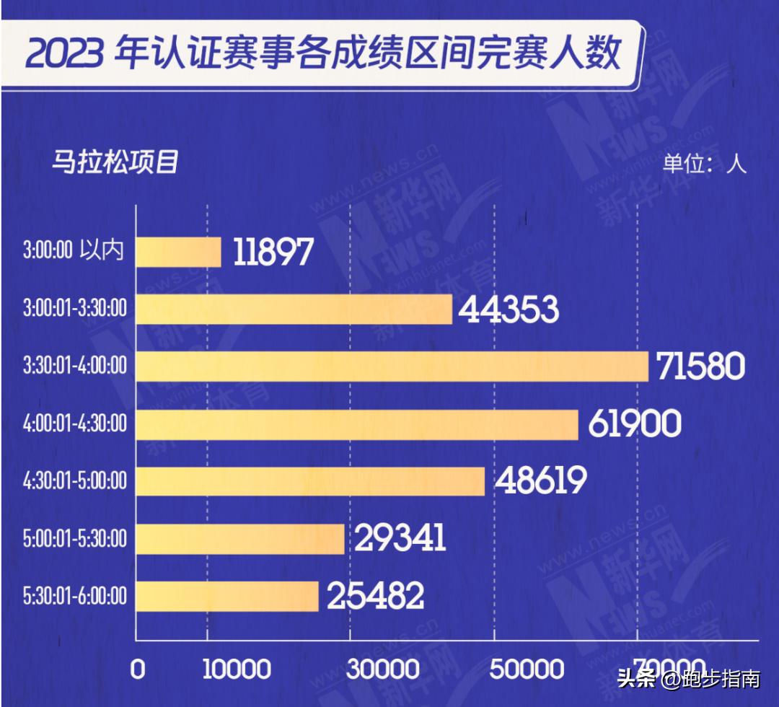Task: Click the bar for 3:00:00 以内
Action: [x=178, y=252]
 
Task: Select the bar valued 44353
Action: [x=294, y=309]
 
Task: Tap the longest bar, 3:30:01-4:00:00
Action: [x=392, y=366]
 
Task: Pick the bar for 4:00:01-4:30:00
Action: [x=357, y=424]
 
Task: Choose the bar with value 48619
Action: [x=310, y=481]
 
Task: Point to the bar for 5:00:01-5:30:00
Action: [x=240, y=539]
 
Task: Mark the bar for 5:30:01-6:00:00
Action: [x=227, y=596]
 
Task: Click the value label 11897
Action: [x=273, y=252]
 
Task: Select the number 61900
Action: [x=634, y=424]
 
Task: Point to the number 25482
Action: [x=375, y=597]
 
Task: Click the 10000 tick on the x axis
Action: [x=237, y=669]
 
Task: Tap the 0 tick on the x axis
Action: [x=137, y=669]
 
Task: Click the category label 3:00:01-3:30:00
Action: [x=74, y=309]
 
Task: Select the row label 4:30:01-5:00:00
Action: [x=74, y=481]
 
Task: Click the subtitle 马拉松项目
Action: [x=114, y=162]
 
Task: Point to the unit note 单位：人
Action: [x=704, y=163]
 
